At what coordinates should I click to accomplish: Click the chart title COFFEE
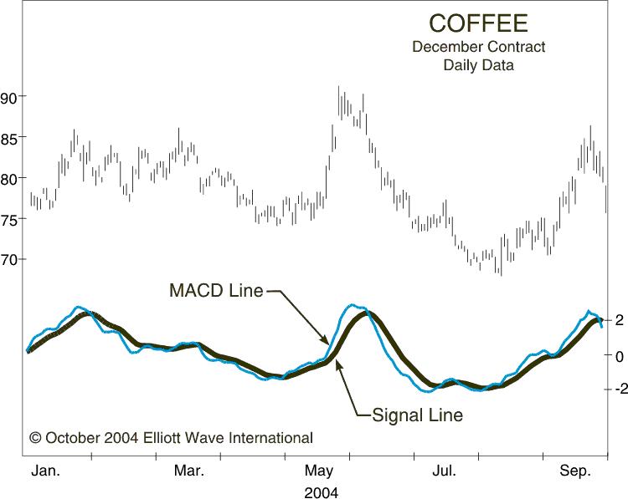coord(466,23)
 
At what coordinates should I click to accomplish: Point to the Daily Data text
coord(478,64)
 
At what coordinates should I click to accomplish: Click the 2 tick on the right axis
coord(617,319)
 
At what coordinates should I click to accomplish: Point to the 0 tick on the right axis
coord(617,355)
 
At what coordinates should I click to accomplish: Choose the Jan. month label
coord(46,471)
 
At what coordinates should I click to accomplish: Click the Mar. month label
coord(189,471)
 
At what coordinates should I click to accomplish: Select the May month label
coord(317,471)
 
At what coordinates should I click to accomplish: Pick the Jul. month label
coord(445,471)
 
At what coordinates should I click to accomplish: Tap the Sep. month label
coord(576,471)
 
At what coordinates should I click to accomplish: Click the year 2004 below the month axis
coord(321,491)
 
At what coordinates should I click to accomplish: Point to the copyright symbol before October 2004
coord(35,437)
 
